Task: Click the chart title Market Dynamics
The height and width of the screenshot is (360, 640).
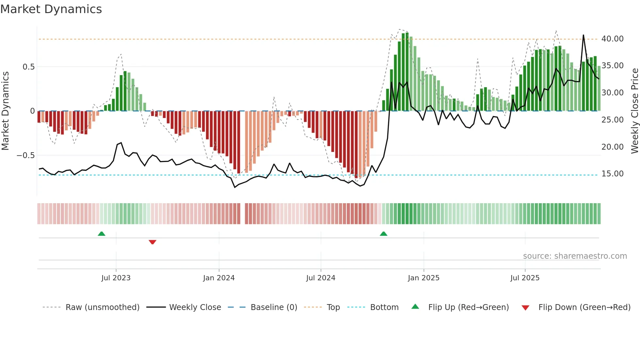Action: (51, 9)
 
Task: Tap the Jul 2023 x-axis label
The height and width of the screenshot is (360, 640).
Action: (116, 278)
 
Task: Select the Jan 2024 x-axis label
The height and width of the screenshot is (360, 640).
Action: (219, 278)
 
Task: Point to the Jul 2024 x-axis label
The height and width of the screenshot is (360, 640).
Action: (321, 278)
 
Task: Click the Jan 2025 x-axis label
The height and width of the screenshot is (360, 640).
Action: (424, 278)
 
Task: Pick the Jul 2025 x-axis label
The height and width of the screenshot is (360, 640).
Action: (525, 278)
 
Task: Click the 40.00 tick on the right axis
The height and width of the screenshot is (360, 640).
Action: (612, 39)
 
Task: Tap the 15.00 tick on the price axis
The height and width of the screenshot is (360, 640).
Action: (612, 174)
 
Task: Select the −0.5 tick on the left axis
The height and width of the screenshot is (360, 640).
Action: (25, 155)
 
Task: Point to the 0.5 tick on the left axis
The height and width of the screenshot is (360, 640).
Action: (28, 67)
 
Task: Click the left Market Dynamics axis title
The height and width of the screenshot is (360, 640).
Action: (6, 111)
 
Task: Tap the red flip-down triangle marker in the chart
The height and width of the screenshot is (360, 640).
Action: (152, 242)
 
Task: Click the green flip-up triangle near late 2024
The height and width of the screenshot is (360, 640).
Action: (384, 234)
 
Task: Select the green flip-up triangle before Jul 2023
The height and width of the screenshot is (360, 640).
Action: (102, 234)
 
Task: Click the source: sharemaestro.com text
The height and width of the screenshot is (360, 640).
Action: (575, 256)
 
